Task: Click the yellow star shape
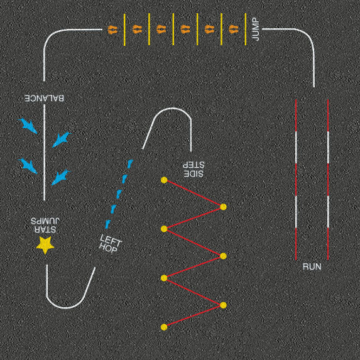tap(45, 245)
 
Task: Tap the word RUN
tap(312, 267)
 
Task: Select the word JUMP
tap(256, 30)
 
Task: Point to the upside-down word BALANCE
tap(45, 98)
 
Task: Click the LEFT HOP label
tap(110, 244)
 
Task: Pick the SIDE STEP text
tap(194, 169)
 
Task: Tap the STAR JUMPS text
tap(45, 225)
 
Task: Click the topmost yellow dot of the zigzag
tap(164, 180)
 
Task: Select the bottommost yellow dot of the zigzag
tap(164, 327)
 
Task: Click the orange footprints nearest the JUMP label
tap(234, 30)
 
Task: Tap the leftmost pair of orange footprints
tap(112, 30)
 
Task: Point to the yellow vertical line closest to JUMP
tap(246, 29)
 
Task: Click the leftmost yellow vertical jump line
tap(124, 30)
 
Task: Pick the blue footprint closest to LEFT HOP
tap(107, 224)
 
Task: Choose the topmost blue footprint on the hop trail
tap(130, 164)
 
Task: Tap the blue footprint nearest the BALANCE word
tap(28, 126)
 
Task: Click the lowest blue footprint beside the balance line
tap(61, 177)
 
